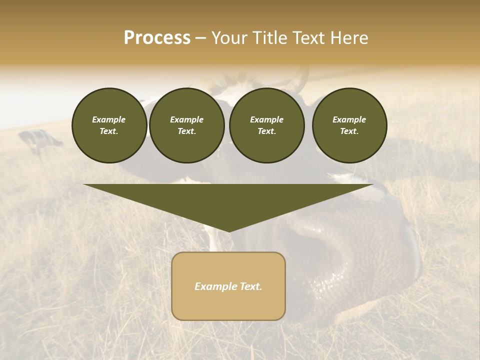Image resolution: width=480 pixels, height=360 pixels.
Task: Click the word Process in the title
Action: pyautogui.click(x=157, y=38)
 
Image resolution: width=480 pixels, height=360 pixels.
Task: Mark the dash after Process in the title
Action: pyautogui.click(x=200, y=38)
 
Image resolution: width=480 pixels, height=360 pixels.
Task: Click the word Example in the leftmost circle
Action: pyautogui.click(x=109, y=119)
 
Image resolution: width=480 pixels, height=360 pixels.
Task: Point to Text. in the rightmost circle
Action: pyautogui.click(x=349, y=131)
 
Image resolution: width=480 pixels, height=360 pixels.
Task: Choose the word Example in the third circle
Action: pyautogui.click(x=266, y=119)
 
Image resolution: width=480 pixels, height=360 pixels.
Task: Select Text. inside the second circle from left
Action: pyautogui.click(x=186, y=131)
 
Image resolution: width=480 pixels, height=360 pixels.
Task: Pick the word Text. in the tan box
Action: pyautogui.click(x=250, y=286)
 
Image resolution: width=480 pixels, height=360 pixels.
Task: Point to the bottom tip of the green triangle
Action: pyautogui.click(x=228, y=230)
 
